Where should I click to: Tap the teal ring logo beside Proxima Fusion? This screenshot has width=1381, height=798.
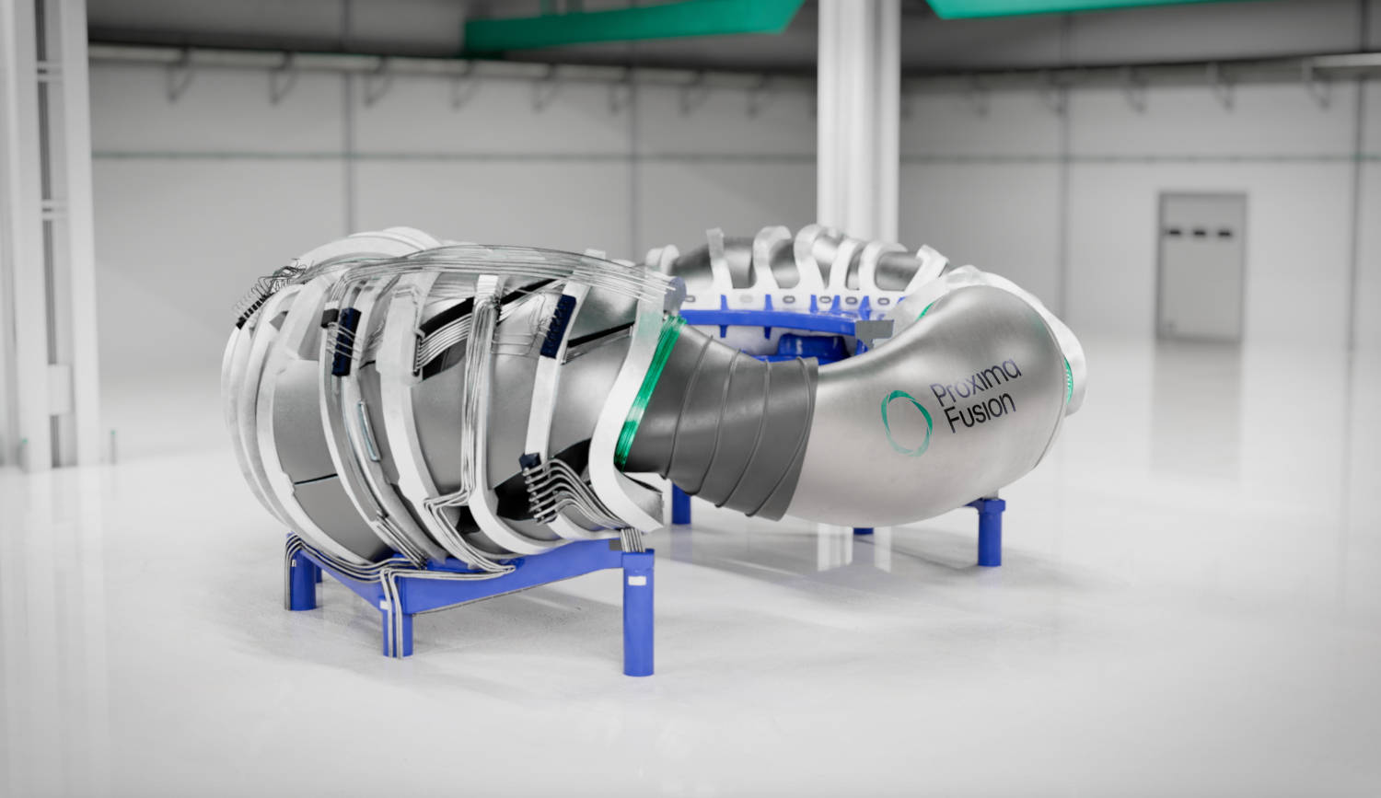tap(905, 422)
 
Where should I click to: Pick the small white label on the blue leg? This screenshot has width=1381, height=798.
tap(634, 583)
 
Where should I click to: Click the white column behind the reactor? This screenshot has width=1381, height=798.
tap(857, 110)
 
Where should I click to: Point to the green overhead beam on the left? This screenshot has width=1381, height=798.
tap(635, 23)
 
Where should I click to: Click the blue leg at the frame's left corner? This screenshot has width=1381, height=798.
tap(300, 580)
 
